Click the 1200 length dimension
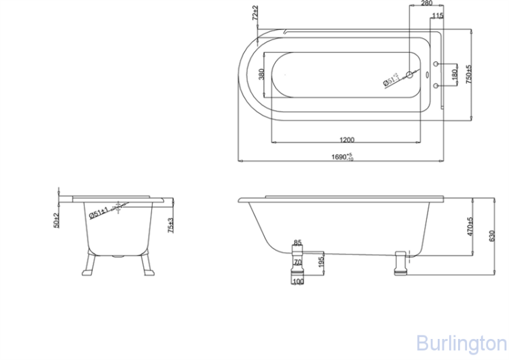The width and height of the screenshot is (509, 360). coord(346,140)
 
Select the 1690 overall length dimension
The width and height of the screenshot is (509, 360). coord(341,157)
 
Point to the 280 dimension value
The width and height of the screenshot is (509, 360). coord(426,3)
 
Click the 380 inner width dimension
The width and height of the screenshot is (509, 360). coord(261,73)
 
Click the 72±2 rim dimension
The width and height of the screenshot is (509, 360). coord(255,15)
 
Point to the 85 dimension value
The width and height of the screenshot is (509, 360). coord(297,242)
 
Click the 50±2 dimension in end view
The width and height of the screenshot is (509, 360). coord(56,219)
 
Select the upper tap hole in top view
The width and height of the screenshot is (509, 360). coord(436,65)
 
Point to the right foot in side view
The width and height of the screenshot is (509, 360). coord(400,261)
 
